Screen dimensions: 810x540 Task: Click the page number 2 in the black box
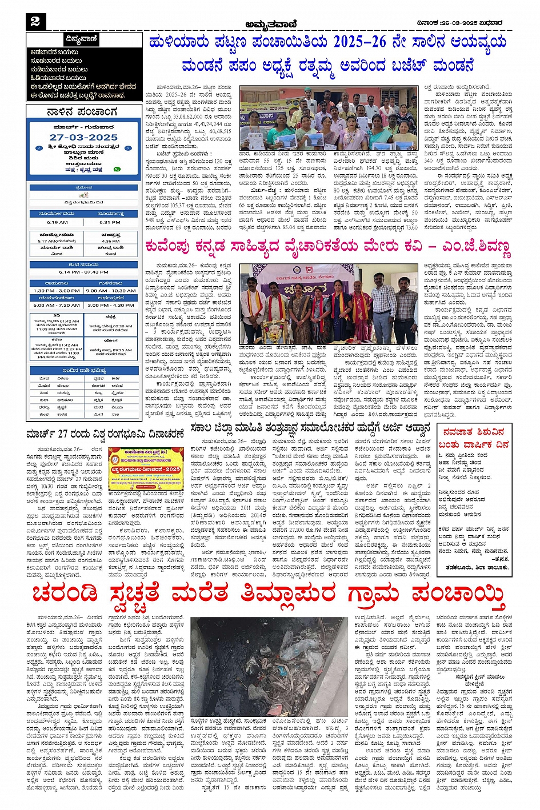tap(35, 21)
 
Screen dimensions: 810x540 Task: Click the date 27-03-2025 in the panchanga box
tap(83, 138)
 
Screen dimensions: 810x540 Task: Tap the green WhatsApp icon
tap(117, 169)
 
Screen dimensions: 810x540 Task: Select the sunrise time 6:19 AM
tap(57, 222)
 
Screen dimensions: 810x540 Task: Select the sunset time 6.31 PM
tap(110, 222)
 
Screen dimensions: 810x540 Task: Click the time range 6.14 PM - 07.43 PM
tap(83, 272)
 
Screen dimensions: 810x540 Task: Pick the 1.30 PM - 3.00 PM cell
tap(57, 290)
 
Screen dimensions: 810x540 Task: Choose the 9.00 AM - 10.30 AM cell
tap(111, 290)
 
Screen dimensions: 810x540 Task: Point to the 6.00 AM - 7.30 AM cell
tap(57, 305)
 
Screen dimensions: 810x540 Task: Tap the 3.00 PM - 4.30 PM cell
tap(111, 305)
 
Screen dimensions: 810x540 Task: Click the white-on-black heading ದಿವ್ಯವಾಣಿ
tap(82, 40)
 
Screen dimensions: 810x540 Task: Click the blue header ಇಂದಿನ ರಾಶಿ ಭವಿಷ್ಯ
tap(83, 371)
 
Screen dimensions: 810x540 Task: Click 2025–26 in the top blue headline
tap(365, 43)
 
